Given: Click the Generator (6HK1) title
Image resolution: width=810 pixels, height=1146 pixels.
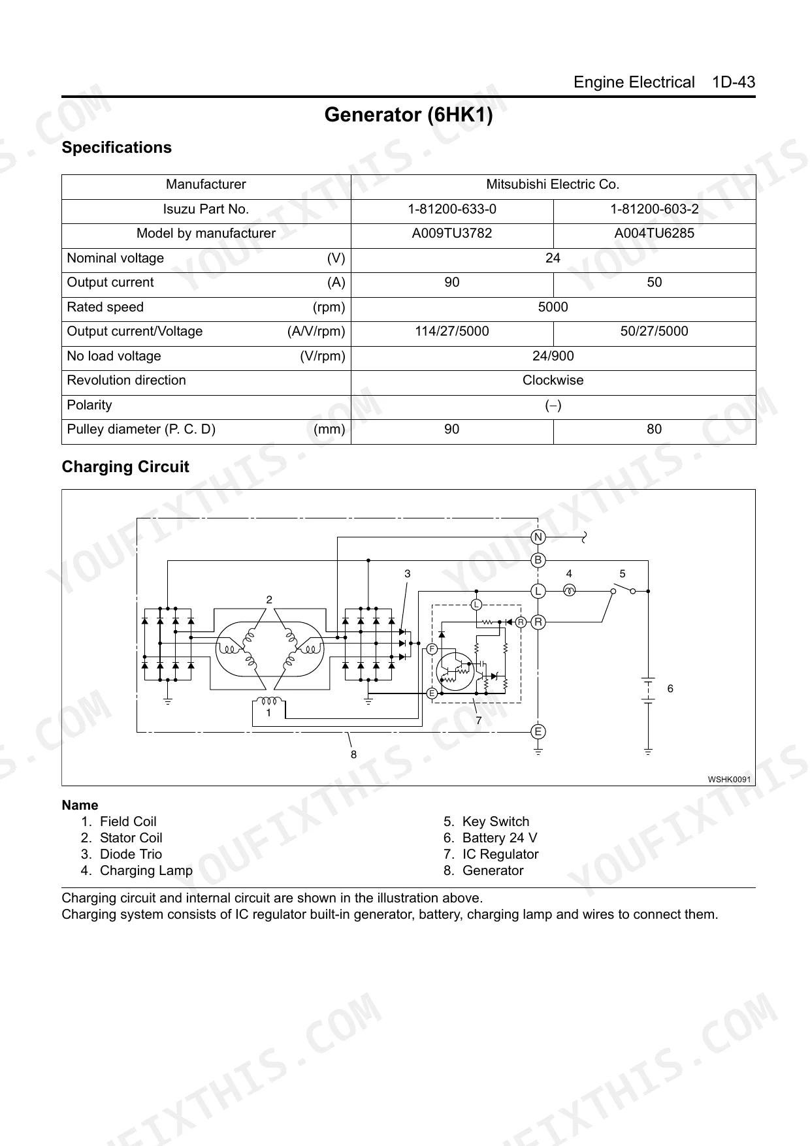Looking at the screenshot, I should tap(408, 115).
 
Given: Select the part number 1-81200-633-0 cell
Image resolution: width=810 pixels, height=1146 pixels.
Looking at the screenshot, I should tap(451, 209).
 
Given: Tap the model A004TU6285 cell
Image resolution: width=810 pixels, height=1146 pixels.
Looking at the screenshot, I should tap(654, 233).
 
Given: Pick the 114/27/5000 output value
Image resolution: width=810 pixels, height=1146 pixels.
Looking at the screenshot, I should tap(451, 331).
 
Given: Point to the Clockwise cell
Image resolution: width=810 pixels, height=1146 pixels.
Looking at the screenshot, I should tap(553, 380).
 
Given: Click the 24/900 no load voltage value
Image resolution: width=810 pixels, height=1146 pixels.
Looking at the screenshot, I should tap(553, 356).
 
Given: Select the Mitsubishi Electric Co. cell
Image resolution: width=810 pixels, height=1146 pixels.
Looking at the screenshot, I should tap(553, 184).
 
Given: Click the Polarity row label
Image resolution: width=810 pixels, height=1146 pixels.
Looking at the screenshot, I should tap(89, 405).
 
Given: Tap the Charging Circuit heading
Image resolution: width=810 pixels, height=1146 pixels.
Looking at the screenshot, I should tap(125, 467).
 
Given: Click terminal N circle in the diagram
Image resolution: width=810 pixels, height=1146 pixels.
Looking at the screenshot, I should tap(538, 537).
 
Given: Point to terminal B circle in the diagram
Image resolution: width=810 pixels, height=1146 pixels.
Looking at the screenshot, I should tap(538, 560).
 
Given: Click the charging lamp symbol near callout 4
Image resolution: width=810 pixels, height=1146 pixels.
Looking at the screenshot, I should tap(569, 591).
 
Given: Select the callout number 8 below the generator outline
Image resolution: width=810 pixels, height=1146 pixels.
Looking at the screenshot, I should tap(353, 754).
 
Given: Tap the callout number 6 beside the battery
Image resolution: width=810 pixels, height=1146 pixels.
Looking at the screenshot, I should tap(670, 688).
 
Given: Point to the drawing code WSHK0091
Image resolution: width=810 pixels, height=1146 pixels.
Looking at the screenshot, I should tap(729, 779).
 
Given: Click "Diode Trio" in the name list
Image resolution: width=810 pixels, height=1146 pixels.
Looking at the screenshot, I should tap(131, 854).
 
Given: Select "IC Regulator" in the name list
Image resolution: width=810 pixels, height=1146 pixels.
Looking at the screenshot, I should tap(500, 854).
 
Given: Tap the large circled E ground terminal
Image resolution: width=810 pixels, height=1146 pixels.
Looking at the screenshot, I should tap(538, 731).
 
